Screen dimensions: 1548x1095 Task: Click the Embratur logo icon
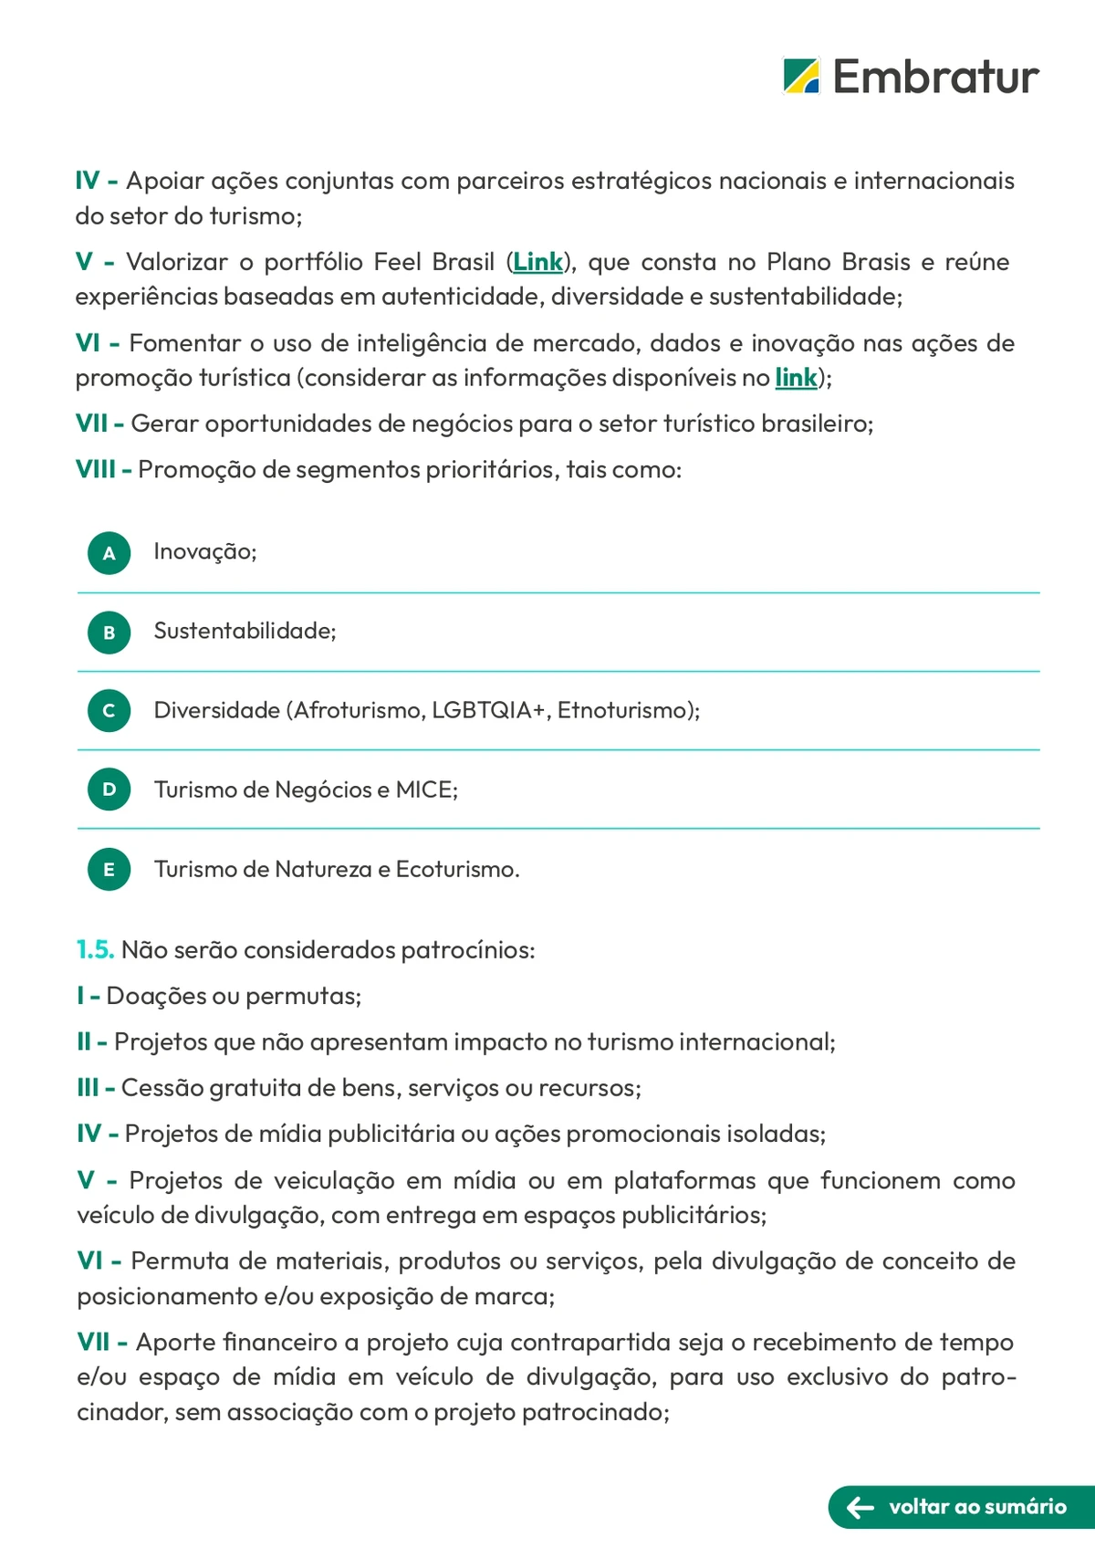(x=801, y=76)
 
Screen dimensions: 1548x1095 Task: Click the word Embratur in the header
(x=935, y=77)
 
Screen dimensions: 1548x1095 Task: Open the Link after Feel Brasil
(x=537, y=262)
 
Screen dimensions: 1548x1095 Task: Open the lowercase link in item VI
(x=796, y=377)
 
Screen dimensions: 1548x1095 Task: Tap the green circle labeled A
(x=109, y=553)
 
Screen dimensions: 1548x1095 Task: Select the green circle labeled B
(x=109, y=632)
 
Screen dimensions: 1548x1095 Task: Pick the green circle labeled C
(x=109, y=711)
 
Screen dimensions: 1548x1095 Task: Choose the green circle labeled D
(x=109, y=790)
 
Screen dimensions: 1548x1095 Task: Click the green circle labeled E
(x=109, y=869)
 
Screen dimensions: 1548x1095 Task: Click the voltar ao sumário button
(x=961, y=1507)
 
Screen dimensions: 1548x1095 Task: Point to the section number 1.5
(x=95, y=950)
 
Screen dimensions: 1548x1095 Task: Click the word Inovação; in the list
(x=205, y=551)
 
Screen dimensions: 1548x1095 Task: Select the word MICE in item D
(x=426, y=790)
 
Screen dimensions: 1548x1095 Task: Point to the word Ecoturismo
(x=457, y=869)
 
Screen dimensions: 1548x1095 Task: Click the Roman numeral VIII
(x=96, y=470)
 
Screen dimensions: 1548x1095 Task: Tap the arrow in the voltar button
(x=860, y=1507)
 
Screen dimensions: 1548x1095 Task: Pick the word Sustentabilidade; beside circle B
(x=245, y=631)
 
